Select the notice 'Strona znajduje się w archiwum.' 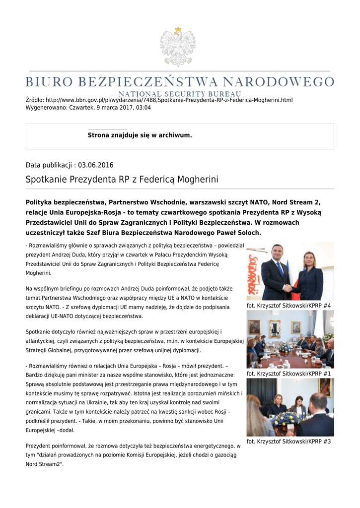[x=140, y=135]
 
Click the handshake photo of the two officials [x=290, y=272]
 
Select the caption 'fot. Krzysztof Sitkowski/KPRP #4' [x=288, y=306]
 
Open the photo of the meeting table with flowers [x=290, y=339]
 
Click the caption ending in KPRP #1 [x=288, y=374]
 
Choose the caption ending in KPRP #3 [x=288, y=442]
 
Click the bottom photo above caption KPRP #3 [x=290, y=407]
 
